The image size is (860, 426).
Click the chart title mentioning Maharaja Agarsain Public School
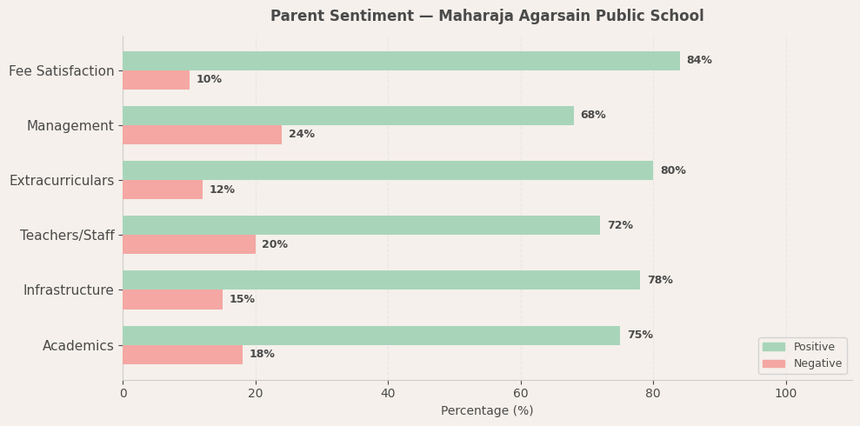tap(487, 17)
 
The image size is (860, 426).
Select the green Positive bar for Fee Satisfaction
tap(401, 61)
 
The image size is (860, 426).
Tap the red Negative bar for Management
tap(202, 135)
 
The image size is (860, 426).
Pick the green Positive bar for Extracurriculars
tap(388, 170)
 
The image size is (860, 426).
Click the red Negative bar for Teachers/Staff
tap(189, 244)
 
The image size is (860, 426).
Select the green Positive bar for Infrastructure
tap(381, 280)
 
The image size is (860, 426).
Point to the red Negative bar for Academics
tap(183, 355)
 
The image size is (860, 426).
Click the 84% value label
tap(699, 61)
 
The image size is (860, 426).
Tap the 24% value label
tap(302, 135)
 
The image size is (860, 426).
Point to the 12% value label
tap(222, 190)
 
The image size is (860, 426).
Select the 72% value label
tap(620, 225)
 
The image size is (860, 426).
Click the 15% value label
tap(242, 300)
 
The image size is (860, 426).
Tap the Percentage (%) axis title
tap(487, 410)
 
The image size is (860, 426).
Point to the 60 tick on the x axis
tap(521, 393)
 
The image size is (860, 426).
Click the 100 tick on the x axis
tap(786, 393)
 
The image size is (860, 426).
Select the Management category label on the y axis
tap(70, 126)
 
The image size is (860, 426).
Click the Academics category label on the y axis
tap(78, 346)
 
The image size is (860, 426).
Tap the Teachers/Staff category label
tap(67, 236)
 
